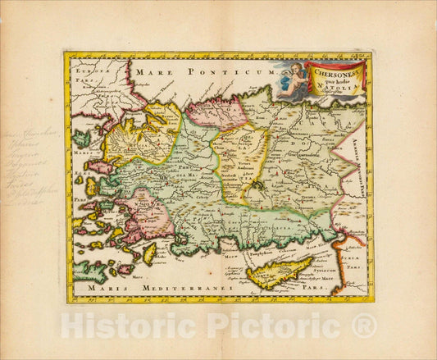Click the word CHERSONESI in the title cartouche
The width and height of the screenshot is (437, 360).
point(331,71)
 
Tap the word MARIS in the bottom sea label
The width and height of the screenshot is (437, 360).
point(103,289)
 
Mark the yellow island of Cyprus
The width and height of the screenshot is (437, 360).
point(279,271)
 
